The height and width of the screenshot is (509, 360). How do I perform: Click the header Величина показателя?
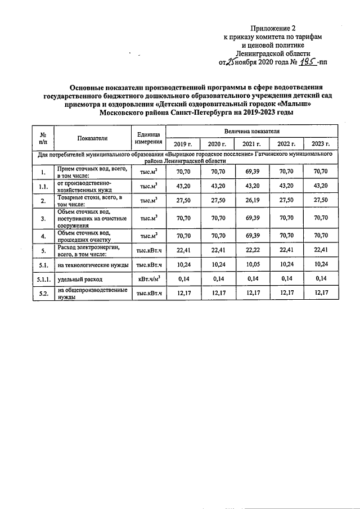[x=252, y=130]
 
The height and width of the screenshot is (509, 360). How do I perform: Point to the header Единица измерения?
[x=148, y=138]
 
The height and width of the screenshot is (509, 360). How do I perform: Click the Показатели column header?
[x=93, y=138]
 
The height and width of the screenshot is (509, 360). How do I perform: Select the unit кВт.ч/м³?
[x=148, y=278]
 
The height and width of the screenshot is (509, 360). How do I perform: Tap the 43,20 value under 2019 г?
[x=183, y=185]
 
